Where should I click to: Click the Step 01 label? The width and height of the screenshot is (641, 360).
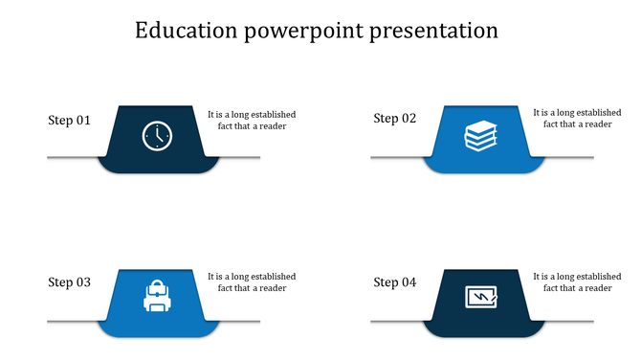[69, 121]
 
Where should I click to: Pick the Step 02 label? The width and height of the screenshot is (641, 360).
[394, 119]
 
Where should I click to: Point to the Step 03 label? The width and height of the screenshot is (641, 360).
[69, 282]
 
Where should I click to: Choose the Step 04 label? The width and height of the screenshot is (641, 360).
[394, 282]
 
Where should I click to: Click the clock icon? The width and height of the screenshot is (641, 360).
[156, 136]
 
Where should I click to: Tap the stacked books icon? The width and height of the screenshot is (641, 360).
[480, 136]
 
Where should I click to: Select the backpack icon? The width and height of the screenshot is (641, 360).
[156, 297]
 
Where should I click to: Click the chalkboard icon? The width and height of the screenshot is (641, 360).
[480, 298]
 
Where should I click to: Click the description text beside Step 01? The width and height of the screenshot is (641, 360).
[252, 120]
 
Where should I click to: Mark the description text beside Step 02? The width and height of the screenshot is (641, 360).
[577, 119]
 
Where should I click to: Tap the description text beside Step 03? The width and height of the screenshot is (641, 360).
[252, 282]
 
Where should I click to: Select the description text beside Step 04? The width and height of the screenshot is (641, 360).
[577, 282]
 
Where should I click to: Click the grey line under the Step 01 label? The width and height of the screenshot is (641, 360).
[72, 158]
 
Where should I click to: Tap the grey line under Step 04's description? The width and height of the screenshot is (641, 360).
[569, 321]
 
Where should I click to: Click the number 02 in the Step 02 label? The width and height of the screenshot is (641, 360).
[409, 119]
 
